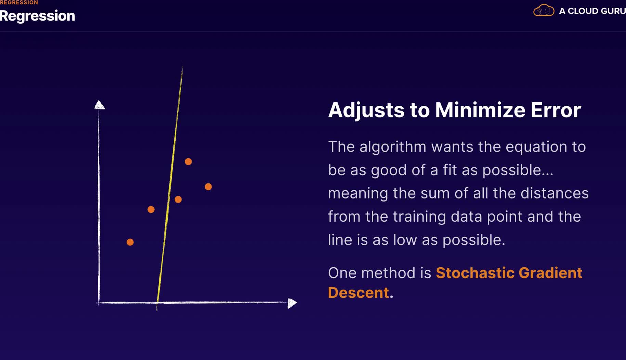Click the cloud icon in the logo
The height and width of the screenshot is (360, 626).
point(544,10)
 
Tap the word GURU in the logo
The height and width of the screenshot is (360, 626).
point(613,11)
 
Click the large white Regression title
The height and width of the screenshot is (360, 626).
point(37,16)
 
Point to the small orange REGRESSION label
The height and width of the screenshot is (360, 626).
point(19,2)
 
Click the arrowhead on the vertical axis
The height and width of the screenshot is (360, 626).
point(99,105)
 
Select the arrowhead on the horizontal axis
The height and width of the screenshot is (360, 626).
point(292,303)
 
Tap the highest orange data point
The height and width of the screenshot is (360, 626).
point(188,162)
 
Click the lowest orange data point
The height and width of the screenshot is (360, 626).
point(130,242)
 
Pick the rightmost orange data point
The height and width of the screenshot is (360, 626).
point(208,187)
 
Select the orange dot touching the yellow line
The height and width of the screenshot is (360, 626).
point(178,200)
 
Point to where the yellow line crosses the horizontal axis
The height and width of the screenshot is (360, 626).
point(157,303)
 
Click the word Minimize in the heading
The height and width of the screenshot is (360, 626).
point(480,110)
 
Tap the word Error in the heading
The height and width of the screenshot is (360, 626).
point(556,110)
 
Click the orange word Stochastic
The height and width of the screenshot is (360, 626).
point(475,273)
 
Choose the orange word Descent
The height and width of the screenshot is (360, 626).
point(358,293)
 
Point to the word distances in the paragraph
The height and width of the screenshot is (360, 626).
point(555,193)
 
